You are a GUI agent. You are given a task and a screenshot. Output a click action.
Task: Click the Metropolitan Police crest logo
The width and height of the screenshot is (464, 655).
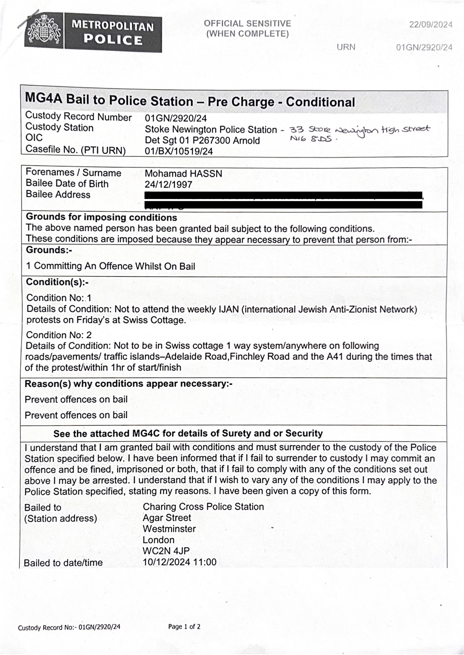coord(43,31)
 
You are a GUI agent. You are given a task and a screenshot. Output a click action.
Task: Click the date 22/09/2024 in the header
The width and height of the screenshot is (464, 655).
coord(431,25)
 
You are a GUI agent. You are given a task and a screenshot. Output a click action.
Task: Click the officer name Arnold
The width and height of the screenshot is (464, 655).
coord(246,140)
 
